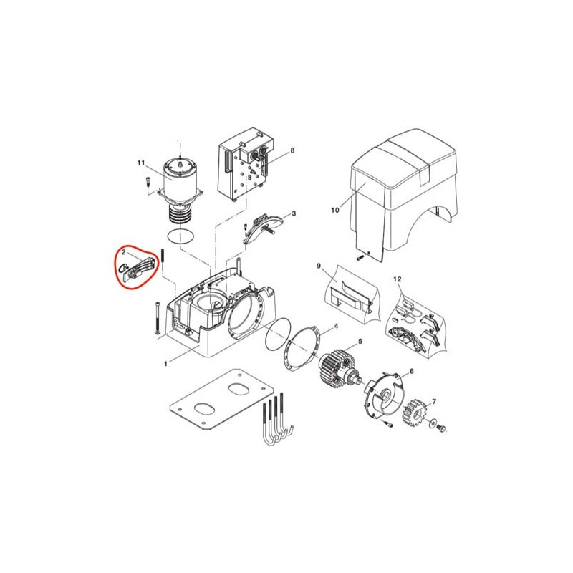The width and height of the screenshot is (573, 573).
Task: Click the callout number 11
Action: coord(141,163)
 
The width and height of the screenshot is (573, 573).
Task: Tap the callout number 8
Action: coord(292,150)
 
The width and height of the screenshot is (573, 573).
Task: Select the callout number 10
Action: coord(335,210)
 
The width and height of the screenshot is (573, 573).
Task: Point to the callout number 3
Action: coord(294,213)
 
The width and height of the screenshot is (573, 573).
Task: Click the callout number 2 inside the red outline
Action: coord(124,252)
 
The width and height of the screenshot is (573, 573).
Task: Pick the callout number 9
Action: coord(319,266)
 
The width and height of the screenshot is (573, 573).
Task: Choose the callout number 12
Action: coord(398,279)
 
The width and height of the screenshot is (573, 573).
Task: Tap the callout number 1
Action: coord(165,364)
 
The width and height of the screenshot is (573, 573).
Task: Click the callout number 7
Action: coord(434,402)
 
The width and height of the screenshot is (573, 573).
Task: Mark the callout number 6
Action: coord(411,371)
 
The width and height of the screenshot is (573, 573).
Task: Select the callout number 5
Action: coord(360,342)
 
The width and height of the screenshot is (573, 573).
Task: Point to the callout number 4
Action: coord(336,326)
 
